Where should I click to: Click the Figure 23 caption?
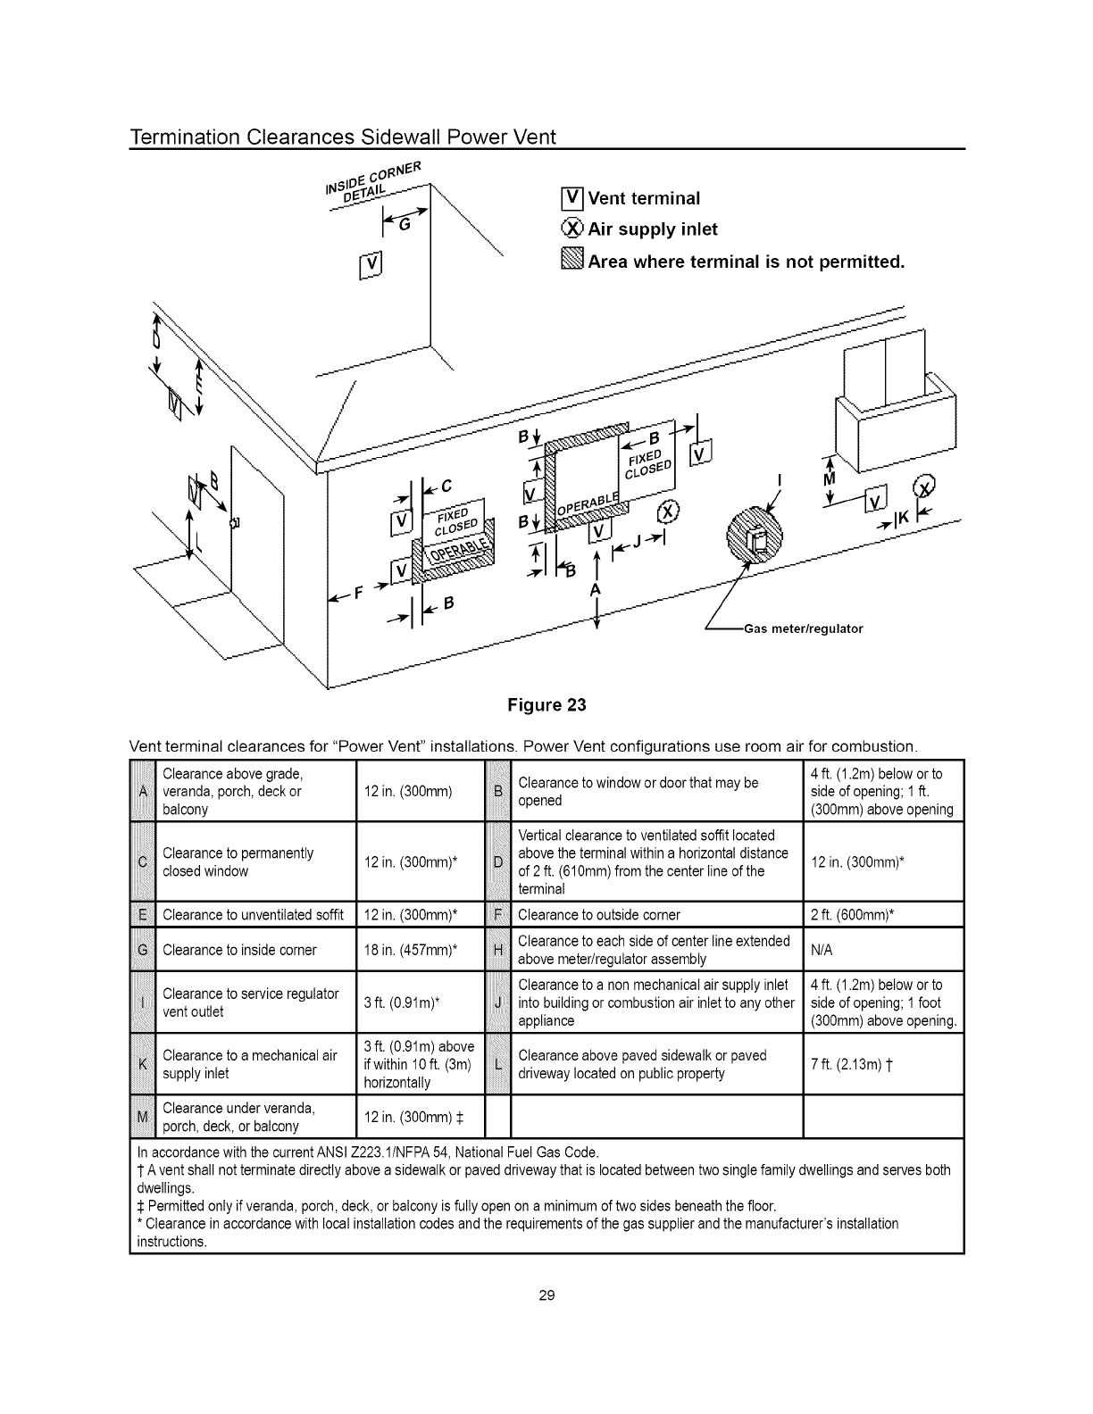coord(546,705)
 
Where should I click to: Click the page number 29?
coord(546,1294)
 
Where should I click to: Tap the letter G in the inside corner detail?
coord(405,226)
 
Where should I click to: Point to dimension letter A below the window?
coord(595,590)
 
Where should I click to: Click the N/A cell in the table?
coord(822,950)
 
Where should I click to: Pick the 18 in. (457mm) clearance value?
coord(412,950)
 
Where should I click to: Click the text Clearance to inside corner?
coord(239,950)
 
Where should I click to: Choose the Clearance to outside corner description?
coord(598,915)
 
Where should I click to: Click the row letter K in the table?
coord(143,1064)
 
